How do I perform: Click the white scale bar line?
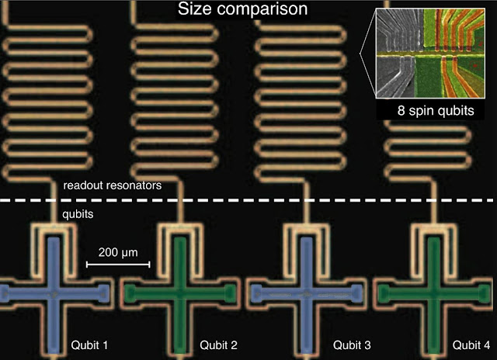point(117,265)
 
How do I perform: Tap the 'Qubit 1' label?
point(90,343)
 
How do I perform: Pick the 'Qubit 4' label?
point(472,343)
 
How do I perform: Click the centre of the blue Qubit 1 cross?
point(53,292)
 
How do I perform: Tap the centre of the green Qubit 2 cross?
point(180,292)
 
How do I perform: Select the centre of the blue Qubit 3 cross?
point(305,292)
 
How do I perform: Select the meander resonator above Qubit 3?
point(291,93)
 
